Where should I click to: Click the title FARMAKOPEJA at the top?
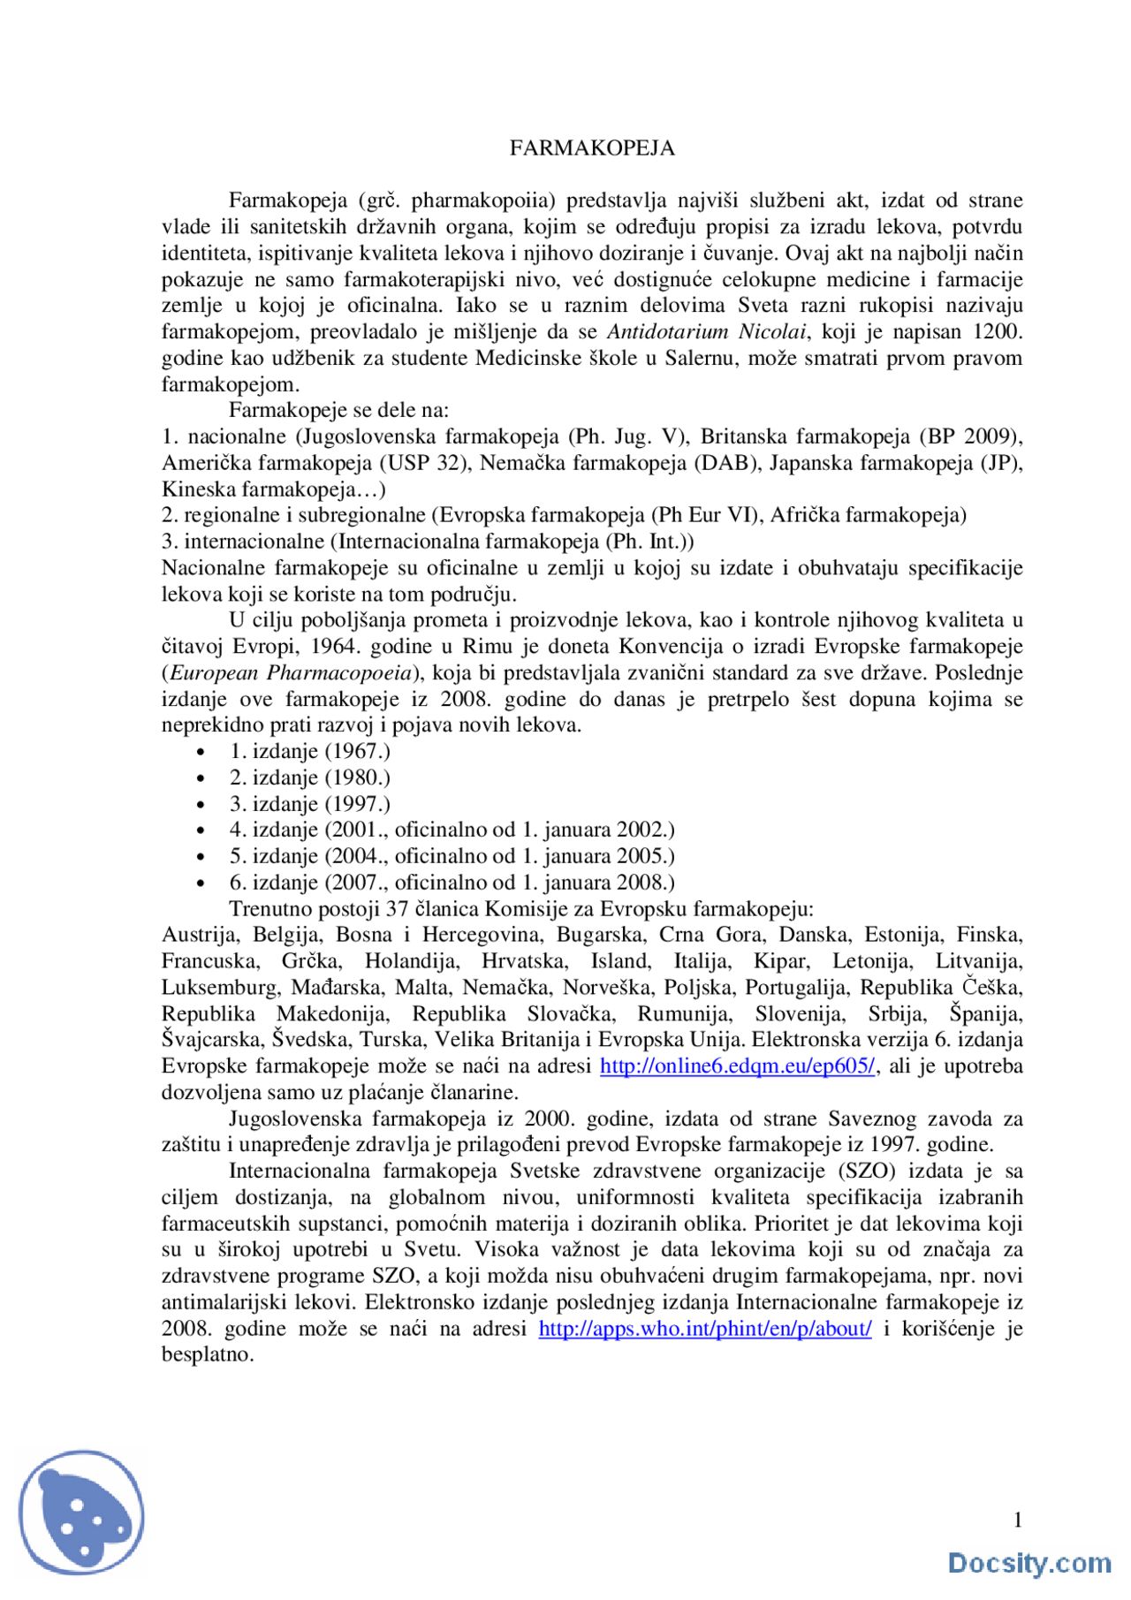pyautogui.click(x=592, y=148)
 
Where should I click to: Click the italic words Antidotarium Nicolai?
pyautogui.click(x=706, y=332)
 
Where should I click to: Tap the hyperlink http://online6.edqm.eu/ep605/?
pyautogui.click(x=737, y=1066)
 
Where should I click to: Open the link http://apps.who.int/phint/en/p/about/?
pyautogui.click(x=704, y=1329)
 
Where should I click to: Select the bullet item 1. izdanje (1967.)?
pyautogui.click(x=310, y=752)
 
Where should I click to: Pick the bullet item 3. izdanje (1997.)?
pyautogui.click(x=310, y=804)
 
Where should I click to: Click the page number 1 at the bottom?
pyautogui.click(x=1017, y=1520)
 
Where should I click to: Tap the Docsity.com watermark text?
pyautogui.click(x=1029, y=1563)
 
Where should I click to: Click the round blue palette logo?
pyautogui.click(x=82, y=1512)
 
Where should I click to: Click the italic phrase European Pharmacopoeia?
pyautogui.click(x=291, y=673)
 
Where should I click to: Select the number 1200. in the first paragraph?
pyautogui.click(x=997, y=332)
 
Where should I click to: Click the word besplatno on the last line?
pyautogui.click(x=207, y=1354)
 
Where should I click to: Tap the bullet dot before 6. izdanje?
pyautogui.click(x=201, y=883)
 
